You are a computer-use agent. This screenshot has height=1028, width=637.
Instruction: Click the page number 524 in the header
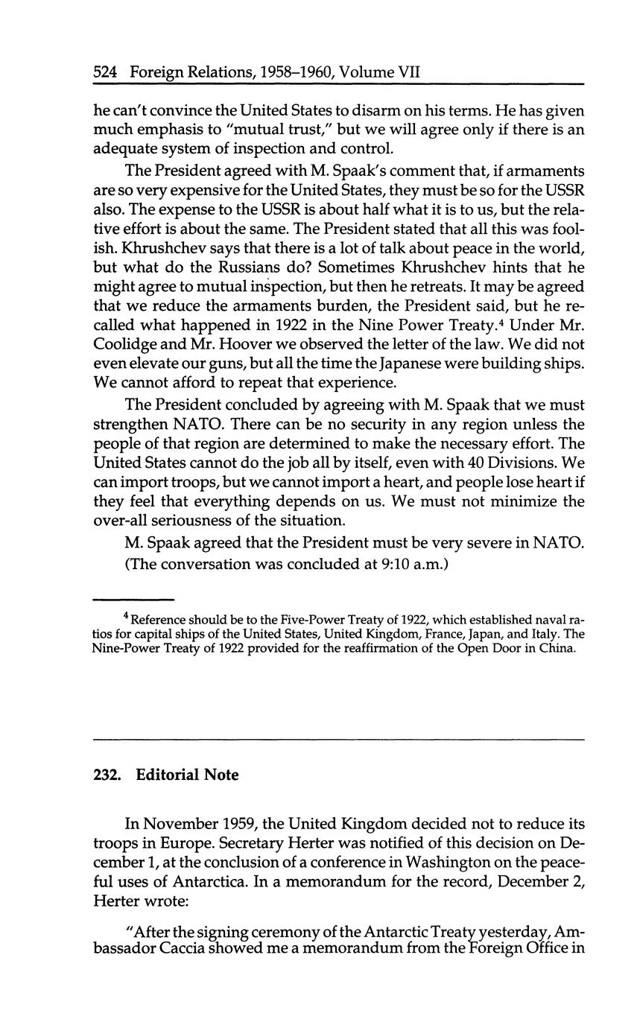(107, 73)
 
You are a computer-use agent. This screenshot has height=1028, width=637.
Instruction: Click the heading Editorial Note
(188, 775)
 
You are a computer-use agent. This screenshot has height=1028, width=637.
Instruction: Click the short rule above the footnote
(133, 599)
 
